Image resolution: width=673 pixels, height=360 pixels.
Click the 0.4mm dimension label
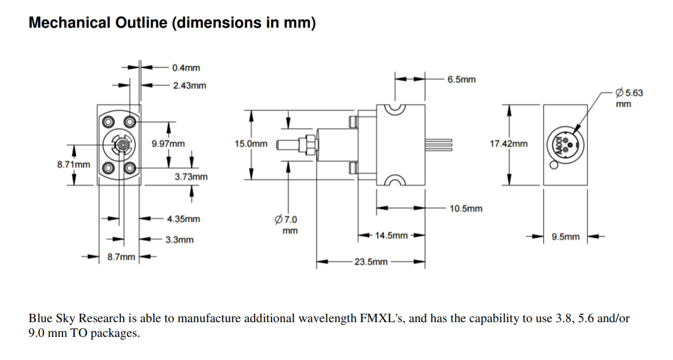pyautogui.click(x=186, y=68)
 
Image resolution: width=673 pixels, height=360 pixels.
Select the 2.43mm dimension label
pyautogui.click(x=189, y=86)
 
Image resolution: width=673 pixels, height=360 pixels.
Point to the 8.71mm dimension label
pyautogui.click(x=73, y=164)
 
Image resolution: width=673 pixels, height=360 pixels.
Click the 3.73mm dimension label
pyautogui.click(x=191, y=177)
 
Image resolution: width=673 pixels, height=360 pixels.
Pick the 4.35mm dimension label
pyautogui.click(x=183, y=218)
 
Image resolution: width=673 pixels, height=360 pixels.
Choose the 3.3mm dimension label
pyautogui.click(x=180, y=240)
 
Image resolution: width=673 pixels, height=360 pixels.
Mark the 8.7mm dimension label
pyautogui.click(x=121, y=257)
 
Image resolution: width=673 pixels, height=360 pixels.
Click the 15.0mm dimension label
pyautogui.click(x=251, y=144)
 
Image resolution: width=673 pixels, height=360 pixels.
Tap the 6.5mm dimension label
pyautogui.click(x=461, y=80)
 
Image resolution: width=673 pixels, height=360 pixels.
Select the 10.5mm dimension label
pyautogui.click(x=466, y=209)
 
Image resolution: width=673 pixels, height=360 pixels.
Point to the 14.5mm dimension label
pyautogui.click(x=391, y=235)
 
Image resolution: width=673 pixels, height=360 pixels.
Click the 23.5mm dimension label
pyautogui.click(x=371, y=262)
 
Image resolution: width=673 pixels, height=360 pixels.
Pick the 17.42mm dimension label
pyautogui.click(x=509, y=144)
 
